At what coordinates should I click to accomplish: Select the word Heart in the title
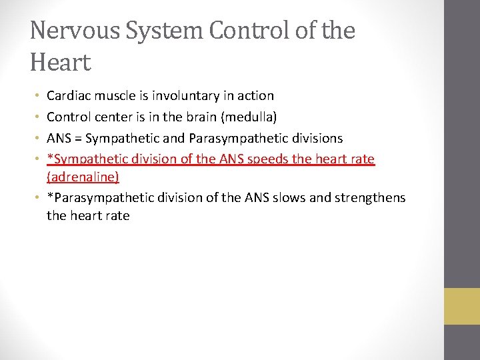point(60,63)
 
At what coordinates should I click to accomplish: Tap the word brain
point(201,117)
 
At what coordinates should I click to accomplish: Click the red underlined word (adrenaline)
point(83,177)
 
